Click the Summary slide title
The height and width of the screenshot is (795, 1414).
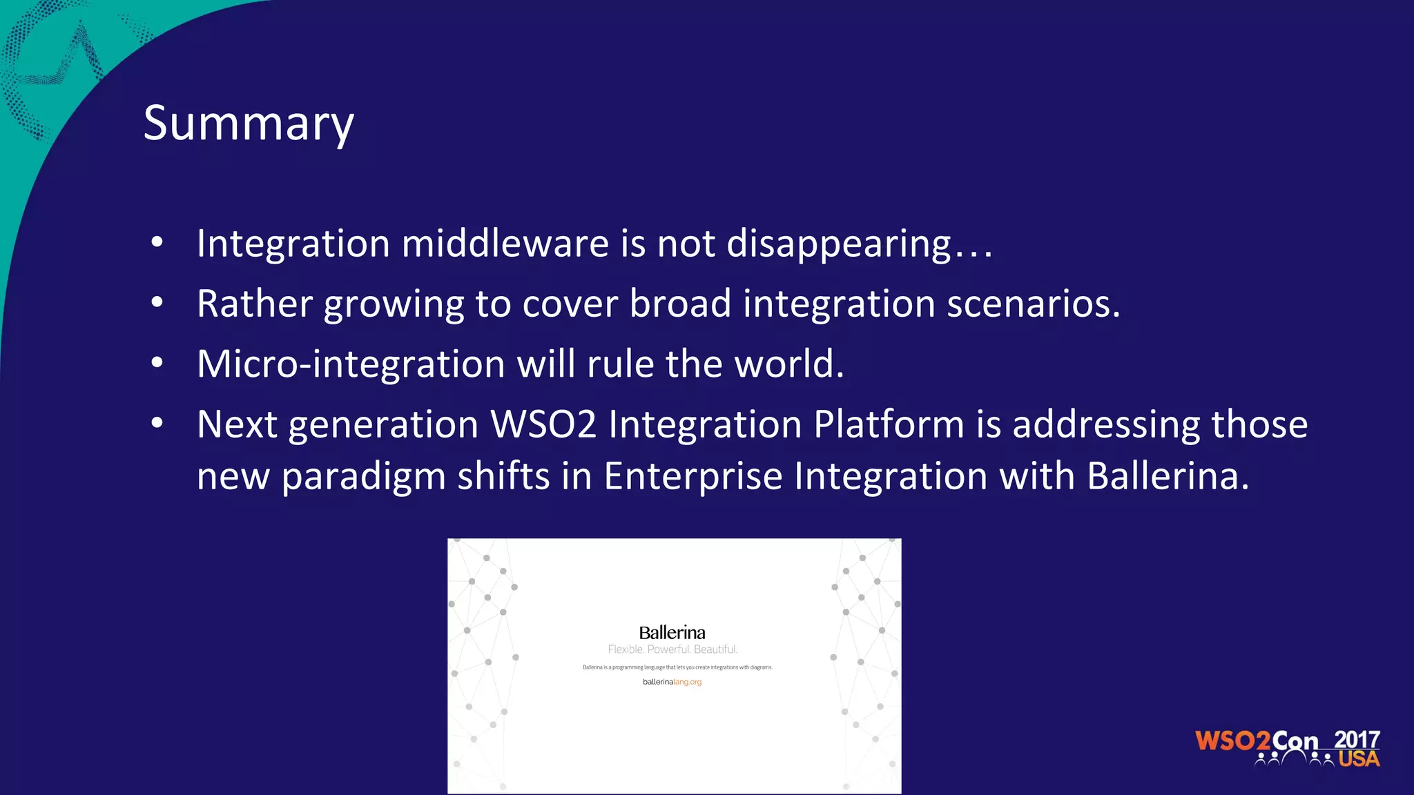249,124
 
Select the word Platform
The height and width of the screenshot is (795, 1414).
889,424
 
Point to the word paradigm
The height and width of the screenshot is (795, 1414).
363,477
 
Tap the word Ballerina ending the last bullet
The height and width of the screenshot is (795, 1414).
1167,477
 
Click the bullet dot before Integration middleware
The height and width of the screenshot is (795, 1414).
157,242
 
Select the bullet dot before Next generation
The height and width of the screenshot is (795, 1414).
157,422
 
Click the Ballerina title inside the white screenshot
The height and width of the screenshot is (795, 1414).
672,632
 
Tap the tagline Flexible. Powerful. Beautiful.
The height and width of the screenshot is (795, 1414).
672,649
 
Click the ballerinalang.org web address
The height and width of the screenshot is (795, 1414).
672,682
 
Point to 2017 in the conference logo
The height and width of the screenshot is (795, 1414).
1357,739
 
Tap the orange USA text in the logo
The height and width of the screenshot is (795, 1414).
1359,759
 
